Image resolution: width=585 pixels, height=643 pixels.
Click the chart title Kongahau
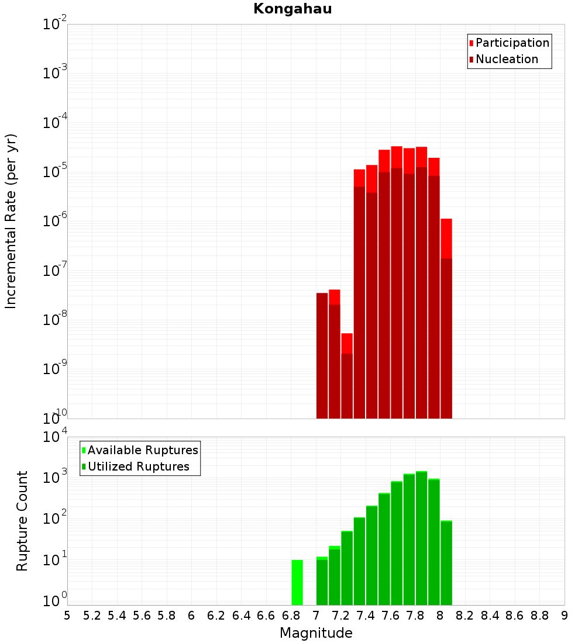[292, 9]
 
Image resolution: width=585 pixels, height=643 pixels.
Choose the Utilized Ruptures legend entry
[138, 467]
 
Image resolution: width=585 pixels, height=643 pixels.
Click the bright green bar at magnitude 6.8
[297, 582]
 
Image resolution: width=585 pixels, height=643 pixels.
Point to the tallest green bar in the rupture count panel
[421, 538]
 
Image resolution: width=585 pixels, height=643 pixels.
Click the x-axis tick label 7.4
[366, 616]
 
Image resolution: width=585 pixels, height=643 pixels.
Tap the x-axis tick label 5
[67, 616]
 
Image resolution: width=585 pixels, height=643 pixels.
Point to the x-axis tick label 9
[565, 616]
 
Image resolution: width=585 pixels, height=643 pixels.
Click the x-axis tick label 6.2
[216, 616]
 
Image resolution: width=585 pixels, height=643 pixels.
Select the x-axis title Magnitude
[316, 634]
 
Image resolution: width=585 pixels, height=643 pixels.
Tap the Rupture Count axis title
[22, 521]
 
